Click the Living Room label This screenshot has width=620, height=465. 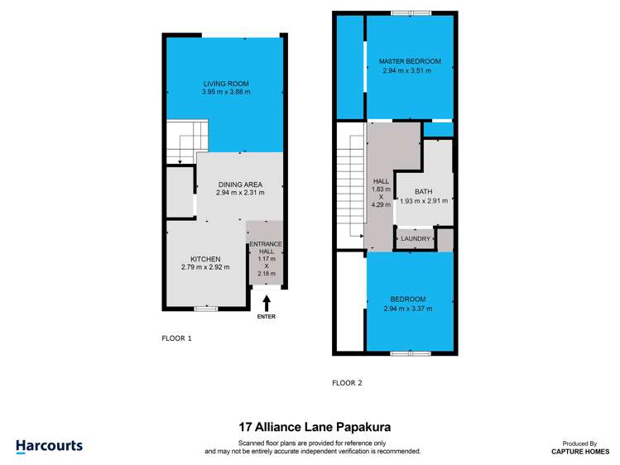point(226,84)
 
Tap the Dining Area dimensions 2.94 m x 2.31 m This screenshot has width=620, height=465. point(240,193)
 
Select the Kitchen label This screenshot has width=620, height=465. point(205,259)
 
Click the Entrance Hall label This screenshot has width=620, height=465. point(267,247)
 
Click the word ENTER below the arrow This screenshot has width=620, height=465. point(267,317)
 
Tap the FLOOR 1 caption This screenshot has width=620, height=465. point(176,338)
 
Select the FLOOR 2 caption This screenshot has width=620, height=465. point(347,383)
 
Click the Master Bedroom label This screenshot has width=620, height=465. point(410,61)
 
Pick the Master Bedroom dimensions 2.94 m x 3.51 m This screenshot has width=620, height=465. point(410,71)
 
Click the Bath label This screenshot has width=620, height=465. point(423,191)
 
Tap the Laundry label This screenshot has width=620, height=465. point(416,239)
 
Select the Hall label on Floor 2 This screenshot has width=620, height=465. point(380,180)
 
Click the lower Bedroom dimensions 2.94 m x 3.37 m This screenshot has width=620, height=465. point(409,309)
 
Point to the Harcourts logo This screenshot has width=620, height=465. point(49,446)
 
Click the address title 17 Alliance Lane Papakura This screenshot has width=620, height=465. point(314,428)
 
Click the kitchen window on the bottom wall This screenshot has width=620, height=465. point(205,309)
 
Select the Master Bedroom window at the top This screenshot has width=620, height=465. point(411,12)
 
